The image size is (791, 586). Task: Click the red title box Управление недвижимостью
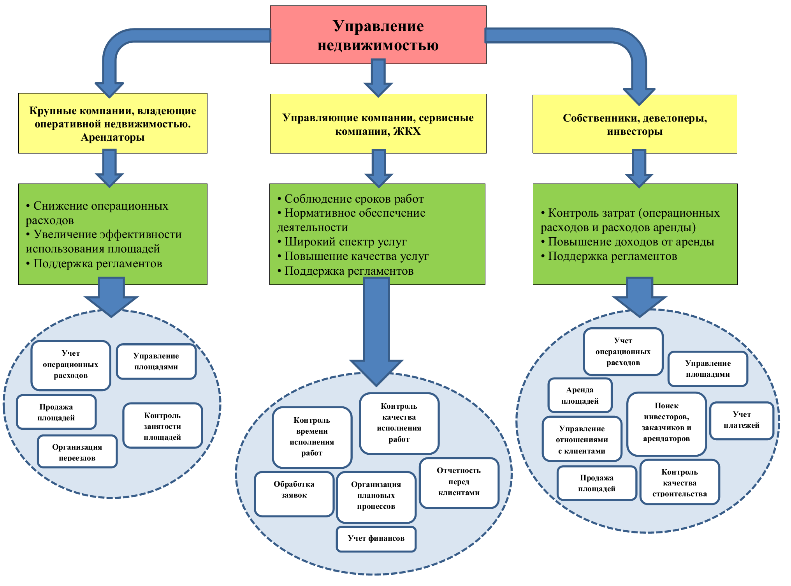pos(378,35)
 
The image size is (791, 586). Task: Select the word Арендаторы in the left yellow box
pos(112,138)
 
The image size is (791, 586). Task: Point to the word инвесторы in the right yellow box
pos(635,132)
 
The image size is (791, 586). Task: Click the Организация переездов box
pos(77,452)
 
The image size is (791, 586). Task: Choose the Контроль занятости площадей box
pos(162,426)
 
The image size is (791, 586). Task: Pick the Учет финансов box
pos(376,538)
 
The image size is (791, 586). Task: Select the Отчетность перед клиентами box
pos(459,482)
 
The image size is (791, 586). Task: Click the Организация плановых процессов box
pos(376,496)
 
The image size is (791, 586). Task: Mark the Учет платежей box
pos(741,420)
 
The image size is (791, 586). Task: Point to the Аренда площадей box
pos(580,395)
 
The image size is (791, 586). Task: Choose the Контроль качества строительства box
pos(680,483)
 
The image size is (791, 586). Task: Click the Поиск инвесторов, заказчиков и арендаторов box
pos(666,423)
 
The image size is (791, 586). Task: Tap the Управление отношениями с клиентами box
pos(582,439)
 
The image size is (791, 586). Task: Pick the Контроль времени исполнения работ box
pos(312,437)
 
